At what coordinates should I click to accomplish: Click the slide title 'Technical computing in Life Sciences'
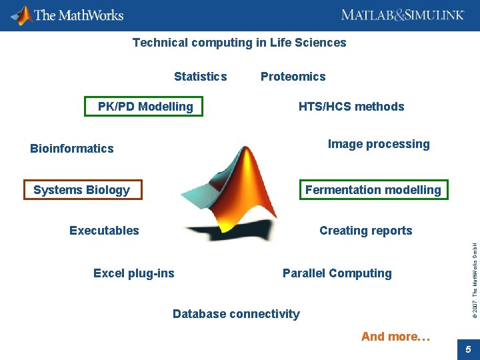(239, 43)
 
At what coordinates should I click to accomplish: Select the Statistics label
(200, 77)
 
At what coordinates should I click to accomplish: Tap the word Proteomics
(293, 77)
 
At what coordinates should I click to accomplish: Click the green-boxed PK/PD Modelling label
(145, 107)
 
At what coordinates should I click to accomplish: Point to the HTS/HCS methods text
(351, 107)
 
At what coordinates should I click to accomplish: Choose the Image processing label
(379, 144)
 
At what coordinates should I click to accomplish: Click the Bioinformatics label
(72, 149)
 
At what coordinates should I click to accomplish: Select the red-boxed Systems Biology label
(82, 190)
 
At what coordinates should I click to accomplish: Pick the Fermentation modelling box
(373, 190)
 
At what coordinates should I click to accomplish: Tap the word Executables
(104, 231)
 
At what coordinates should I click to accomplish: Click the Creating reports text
(365, 231)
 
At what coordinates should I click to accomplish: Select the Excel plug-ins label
(133, 273)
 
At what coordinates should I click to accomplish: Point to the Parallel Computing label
(337, 273)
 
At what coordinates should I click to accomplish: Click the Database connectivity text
(236, 314)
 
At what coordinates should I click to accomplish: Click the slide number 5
(468, 349)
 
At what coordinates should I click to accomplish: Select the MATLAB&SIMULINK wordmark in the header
(402, 15)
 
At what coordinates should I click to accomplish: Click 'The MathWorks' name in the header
(78, 15)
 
